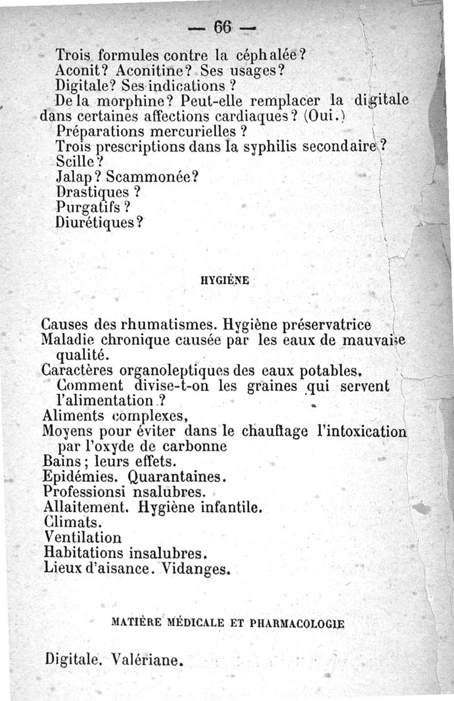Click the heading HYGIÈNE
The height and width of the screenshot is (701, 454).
pos(225,280)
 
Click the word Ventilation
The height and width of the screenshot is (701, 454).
pos(82,536)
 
